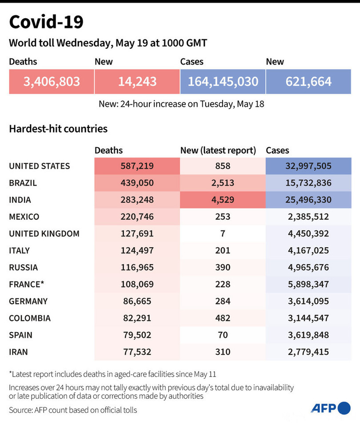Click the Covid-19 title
(x=46, y=22)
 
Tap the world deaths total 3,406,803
(x=52, y=81)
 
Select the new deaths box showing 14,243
(x=137, y=81)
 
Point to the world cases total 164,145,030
(x=223, y=81)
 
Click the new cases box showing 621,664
(x=308, y=81)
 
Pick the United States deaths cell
(x=137, y=166)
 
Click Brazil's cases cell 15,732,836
(x=308, y=183)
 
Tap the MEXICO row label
(x=24, y=217)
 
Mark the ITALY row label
(x=20, y=250)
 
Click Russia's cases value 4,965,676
(x=308, y=267)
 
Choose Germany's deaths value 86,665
(x=137, y=301)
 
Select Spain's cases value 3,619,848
(x=308, y=335)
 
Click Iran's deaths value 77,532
(x=137, y=352)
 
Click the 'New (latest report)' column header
(x=218, y=151)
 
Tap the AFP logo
(x=330, y=408)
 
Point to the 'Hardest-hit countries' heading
(x=58, y=129)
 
